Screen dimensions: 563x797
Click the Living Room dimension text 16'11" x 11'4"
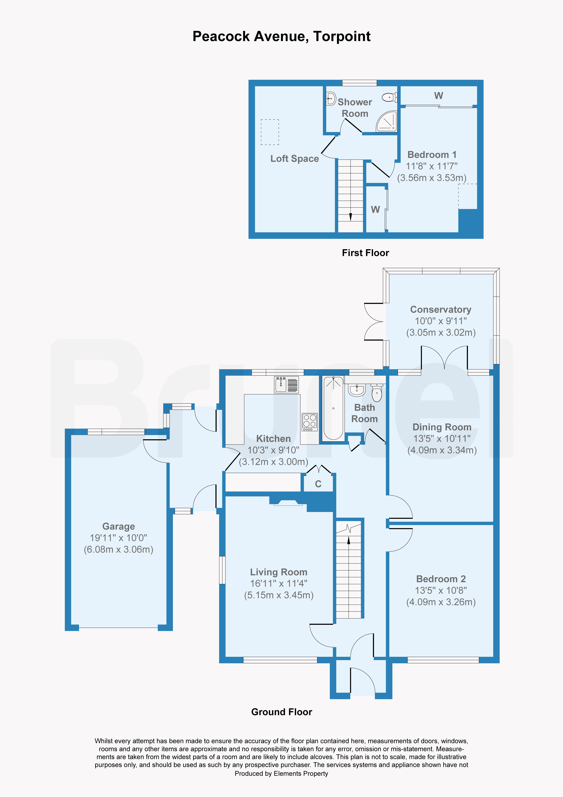pos(279,584)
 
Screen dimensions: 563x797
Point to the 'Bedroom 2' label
pos(441,579)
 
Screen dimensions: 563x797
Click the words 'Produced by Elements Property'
pos(281,773)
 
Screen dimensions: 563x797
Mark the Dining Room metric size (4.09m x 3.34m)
pos(442,450)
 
